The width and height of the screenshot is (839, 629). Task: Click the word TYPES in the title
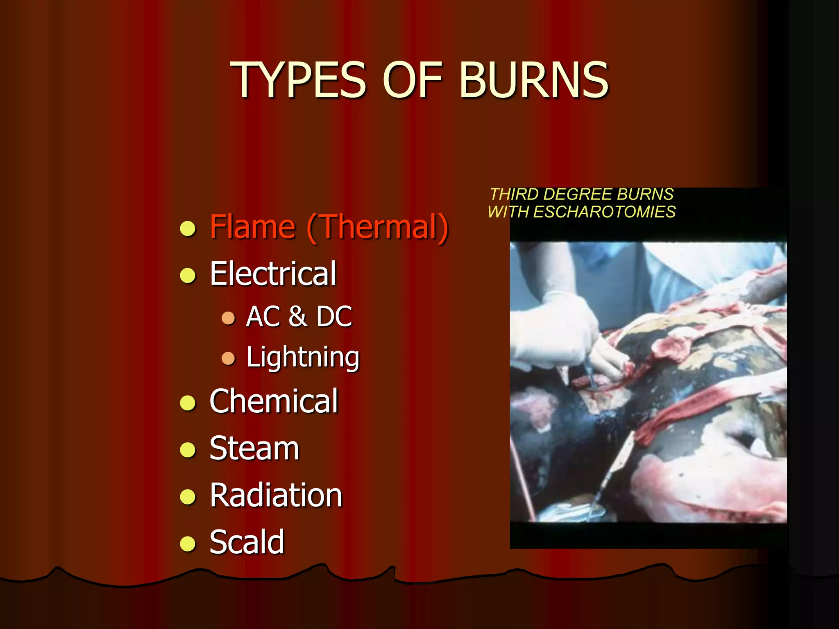(298, 80)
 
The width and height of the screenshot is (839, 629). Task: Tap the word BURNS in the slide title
(534, 80)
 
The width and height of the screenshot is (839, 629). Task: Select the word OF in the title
(413, 80)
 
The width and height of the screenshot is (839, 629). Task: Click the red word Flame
(252, 227)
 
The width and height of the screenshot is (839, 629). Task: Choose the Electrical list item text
(273, 274)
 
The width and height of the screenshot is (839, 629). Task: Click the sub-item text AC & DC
(299, 317)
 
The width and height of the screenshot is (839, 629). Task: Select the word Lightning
(303, 357)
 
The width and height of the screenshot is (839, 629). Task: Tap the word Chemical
(274, 401)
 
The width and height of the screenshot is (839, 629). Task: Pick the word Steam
(254, 448)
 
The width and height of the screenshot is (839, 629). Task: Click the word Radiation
(276, 496)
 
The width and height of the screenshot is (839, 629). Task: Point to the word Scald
(247, 542)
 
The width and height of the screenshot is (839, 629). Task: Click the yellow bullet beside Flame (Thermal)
(188, 229)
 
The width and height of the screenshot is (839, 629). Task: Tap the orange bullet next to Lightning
(228, 358)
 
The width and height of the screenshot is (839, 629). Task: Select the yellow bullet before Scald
(188, 544)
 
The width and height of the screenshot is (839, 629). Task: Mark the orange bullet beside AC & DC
(228, 318)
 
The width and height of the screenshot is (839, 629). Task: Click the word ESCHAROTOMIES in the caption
(604, 212)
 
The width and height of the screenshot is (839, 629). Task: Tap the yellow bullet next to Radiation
(188, 497)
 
